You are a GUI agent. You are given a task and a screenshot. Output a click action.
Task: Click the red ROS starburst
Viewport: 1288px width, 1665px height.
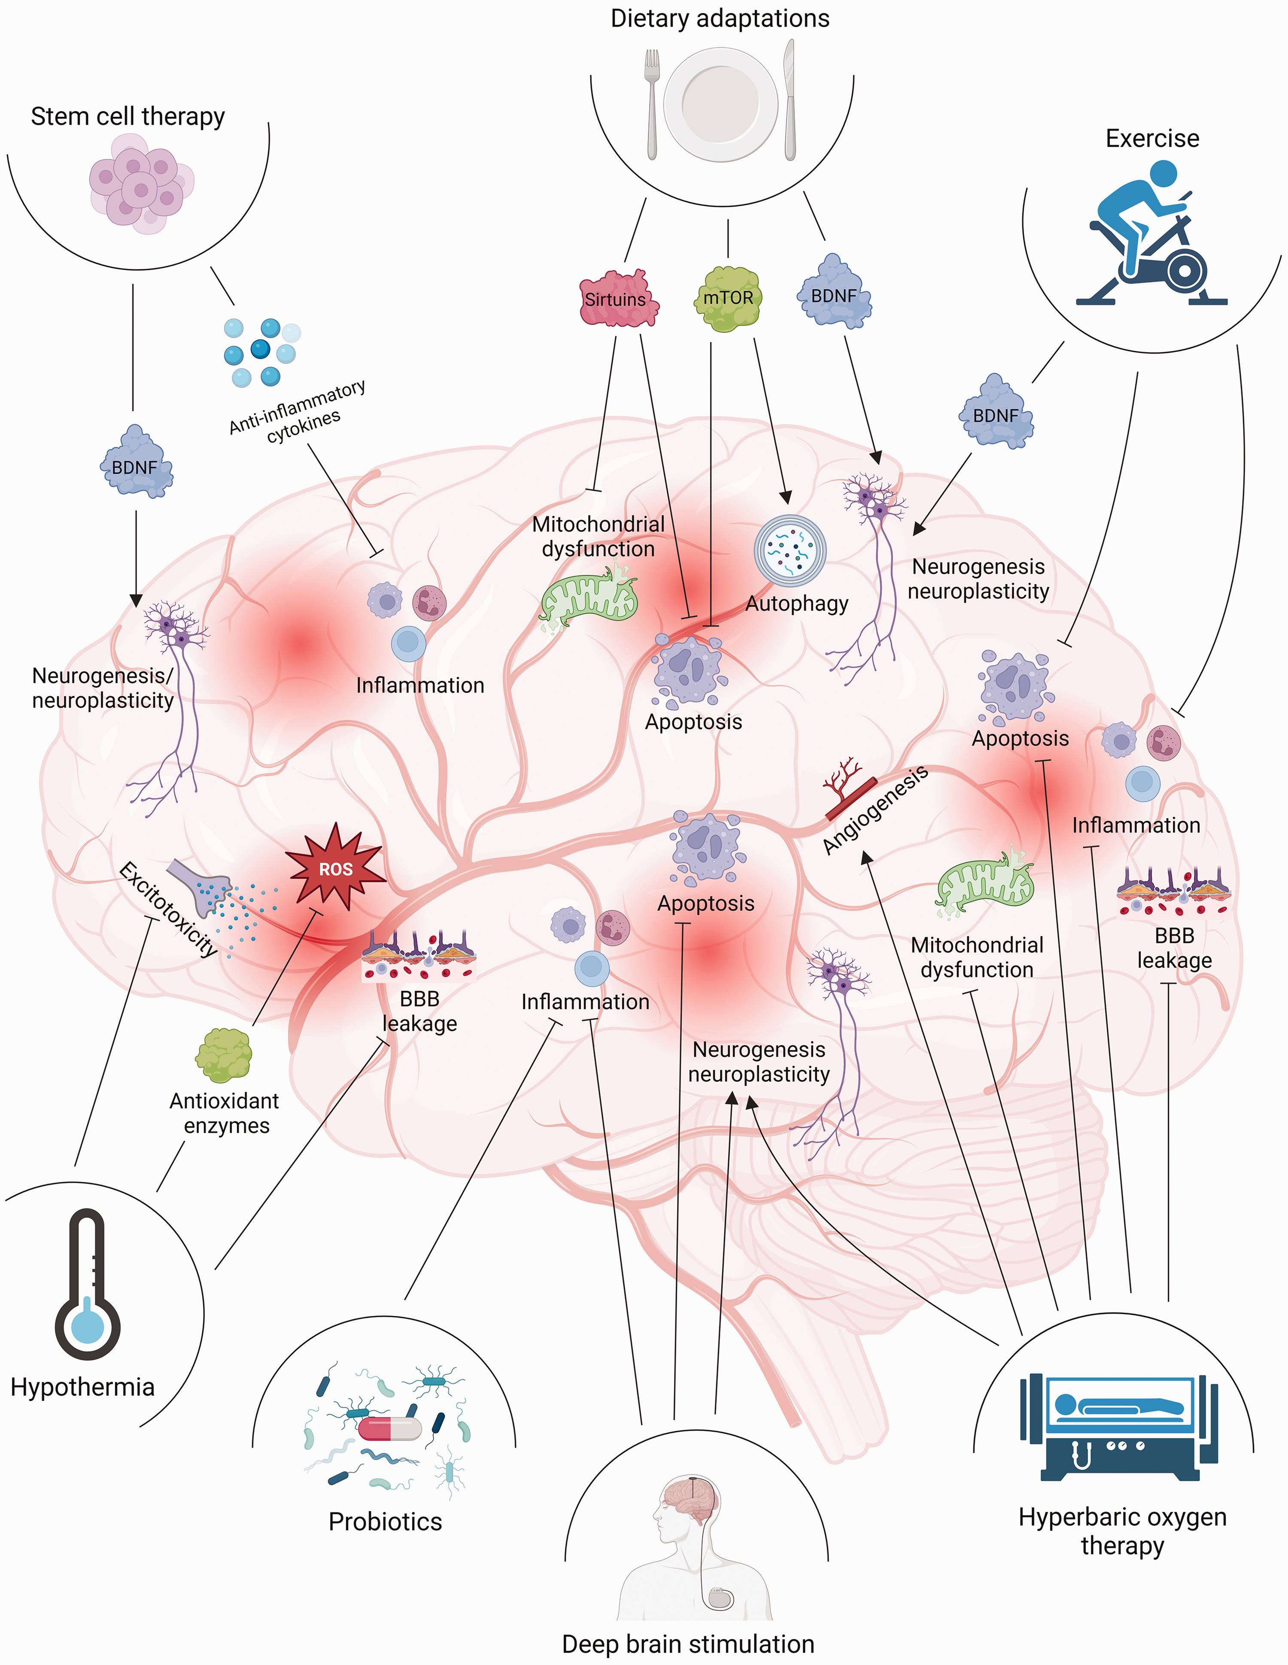[335, 868]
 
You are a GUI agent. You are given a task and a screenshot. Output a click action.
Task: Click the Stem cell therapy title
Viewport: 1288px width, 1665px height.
[127, 117]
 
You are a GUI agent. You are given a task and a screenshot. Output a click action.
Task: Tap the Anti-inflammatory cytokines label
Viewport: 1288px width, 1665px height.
[297, 412]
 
